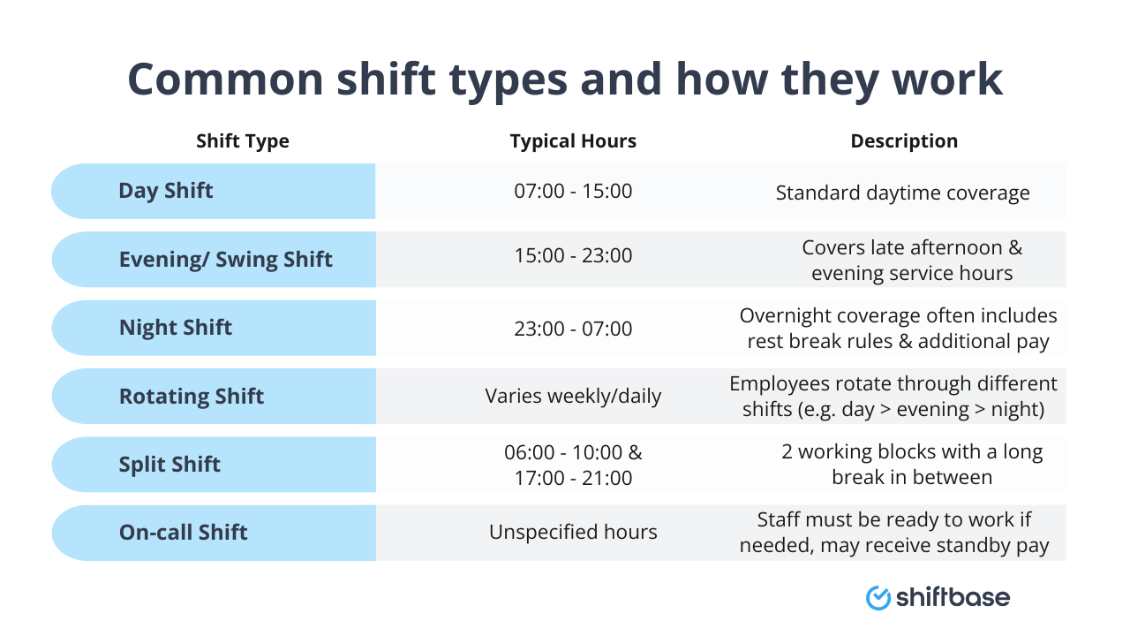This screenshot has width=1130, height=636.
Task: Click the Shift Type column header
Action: coord(243,141)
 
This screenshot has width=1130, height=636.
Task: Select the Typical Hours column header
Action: coord(573,141)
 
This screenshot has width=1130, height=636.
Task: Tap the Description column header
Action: coord(904,141)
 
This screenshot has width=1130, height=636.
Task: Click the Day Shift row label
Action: coord(166,191)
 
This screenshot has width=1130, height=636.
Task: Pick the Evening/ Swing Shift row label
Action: coord(225,260)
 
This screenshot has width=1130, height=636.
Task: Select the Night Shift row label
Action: coord(176,328)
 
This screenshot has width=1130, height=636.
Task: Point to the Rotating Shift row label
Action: coord(192,397)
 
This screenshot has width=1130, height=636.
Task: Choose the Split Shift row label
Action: coord(169,465)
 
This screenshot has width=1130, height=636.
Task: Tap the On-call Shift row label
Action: coord(184,533)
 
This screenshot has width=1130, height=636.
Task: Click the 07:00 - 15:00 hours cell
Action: coord(573,191)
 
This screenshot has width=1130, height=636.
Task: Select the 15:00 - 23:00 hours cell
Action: coord(573,256)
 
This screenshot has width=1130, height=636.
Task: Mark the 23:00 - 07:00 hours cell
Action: coord(573,329)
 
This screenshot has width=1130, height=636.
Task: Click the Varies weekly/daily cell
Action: coord(573,397)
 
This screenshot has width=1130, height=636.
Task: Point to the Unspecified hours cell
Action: coord(573,533)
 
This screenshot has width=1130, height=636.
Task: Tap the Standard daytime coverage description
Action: coord(902,193)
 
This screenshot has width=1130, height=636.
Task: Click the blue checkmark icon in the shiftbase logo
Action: coord(878,598)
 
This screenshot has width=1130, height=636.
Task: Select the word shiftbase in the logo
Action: coord(953,598)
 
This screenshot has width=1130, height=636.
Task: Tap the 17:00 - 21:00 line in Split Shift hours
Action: coord(573,478)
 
